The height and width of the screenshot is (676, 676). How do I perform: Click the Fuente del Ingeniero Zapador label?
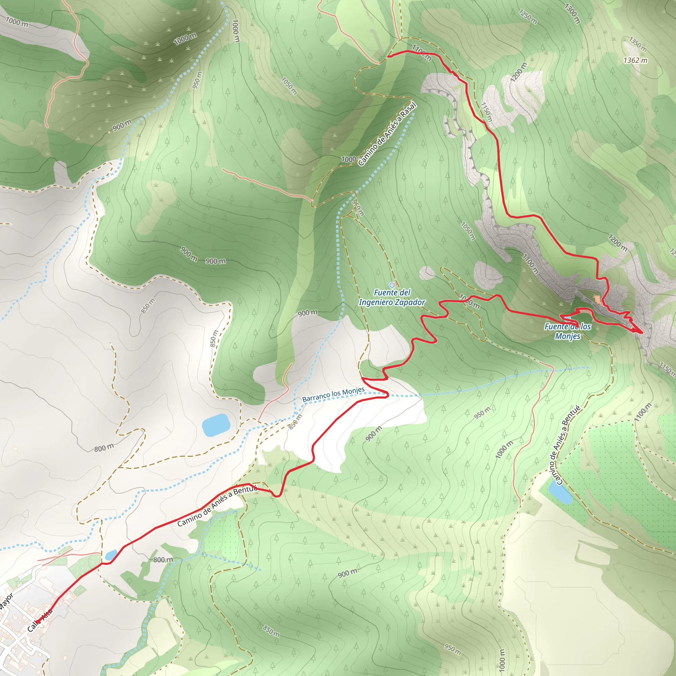[392, 297]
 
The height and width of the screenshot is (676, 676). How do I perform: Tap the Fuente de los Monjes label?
[567, 331]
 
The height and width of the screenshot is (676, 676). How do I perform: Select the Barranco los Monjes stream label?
[333, 394]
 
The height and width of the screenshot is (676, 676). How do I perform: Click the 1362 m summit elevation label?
[635, 60]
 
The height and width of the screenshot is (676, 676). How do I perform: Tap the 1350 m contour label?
[637, 44]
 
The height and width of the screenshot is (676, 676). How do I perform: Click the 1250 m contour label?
[528, 17]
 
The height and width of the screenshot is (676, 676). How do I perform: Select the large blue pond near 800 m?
[216, 425]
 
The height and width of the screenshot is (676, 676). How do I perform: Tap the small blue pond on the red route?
[111, 555]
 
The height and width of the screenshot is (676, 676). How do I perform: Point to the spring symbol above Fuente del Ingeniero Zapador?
[392, 285]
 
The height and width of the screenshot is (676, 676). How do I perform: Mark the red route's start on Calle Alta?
[37, 622]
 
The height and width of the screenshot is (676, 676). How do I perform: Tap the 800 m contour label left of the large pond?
[104, 448]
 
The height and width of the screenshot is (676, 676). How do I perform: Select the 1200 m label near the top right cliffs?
[518, 72]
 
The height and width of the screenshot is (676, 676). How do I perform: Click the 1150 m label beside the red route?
[486, 112]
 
